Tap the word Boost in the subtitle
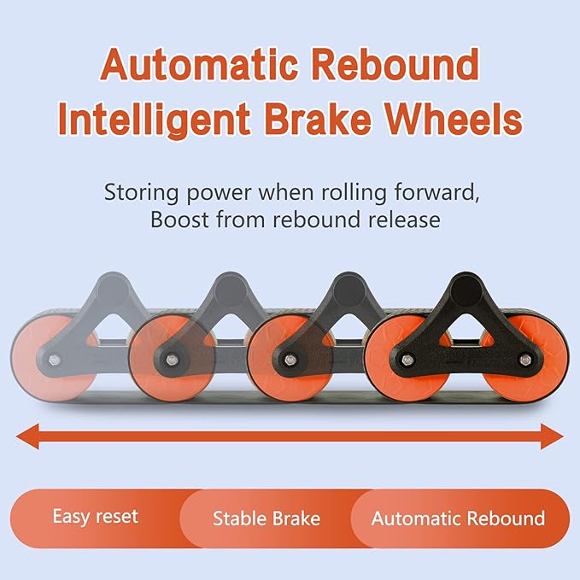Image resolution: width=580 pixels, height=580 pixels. (178, 220)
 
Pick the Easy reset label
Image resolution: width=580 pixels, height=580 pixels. (95, 517)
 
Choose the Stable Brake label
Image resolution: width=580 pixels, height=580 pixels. (267, 518)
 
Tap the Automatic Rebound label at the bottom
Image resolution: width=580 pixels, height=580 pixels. (458, 518)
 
